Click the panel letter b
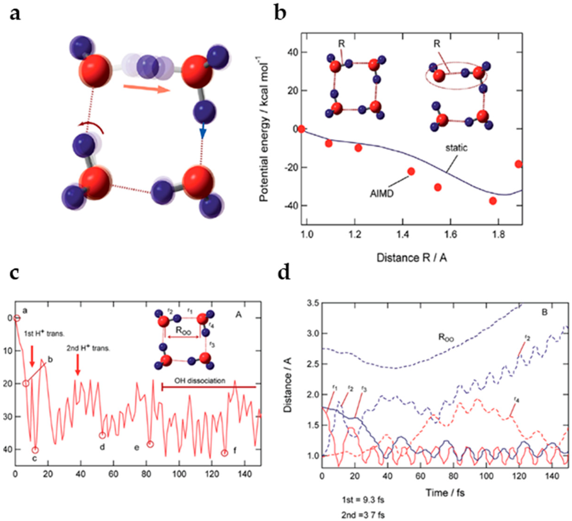[280, 13]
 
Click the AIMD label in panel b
[382, 194]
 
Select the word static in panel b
[456, 148]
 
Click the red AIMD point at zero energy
[301, 129]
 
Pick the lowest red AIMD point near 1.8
[493, 201]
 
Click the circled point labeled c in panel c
[35, 450]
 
